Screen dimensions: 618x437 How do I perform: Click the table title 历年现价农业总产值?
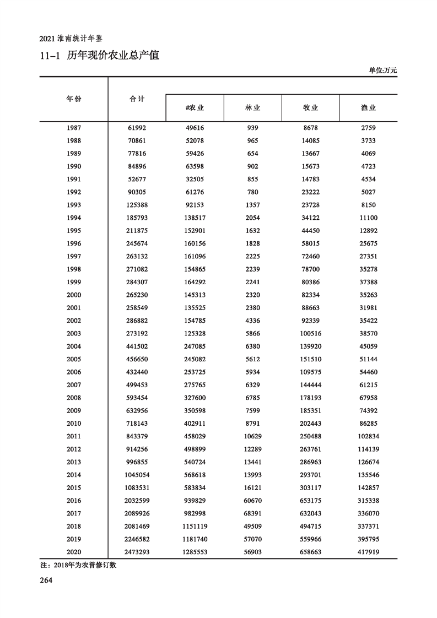[x=113, y=55]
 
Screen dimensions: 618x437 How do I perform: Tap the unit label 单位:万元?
[x=382, y=71]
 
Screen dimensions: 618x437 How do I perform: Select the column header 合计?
[x=137, y=99]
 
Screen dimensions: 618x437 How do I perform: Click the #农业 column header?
[x=195, y=108]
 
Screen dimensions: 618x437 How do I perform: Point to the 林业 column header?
[x=252, y=108]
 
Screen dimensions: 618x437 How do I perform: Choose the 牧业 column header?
[x=310, y=108]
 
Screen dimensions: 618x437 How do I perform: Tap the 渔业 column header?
[x=368, y=108]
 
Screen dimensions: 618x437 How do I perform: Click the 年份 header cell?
[x=74, y=99]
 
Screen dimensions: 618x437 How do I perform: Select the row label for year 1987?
[x=74, y=128]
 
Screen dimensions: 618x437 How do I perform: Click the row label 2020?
[x=74, y=552]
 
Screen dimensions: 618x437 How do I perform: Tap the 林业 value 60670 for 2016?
[x=252, y=501]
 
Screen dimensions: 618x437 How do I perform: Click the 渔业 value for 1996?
[x=368, y=243]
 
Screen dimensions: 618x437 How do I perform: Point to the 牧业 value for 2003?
[x=310, y=333]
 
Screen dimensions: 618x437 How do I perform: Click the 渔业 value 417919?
[x=368, y=552]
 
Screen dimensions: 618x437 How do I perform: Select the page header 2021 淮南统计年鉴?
[x=72, y=39]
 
